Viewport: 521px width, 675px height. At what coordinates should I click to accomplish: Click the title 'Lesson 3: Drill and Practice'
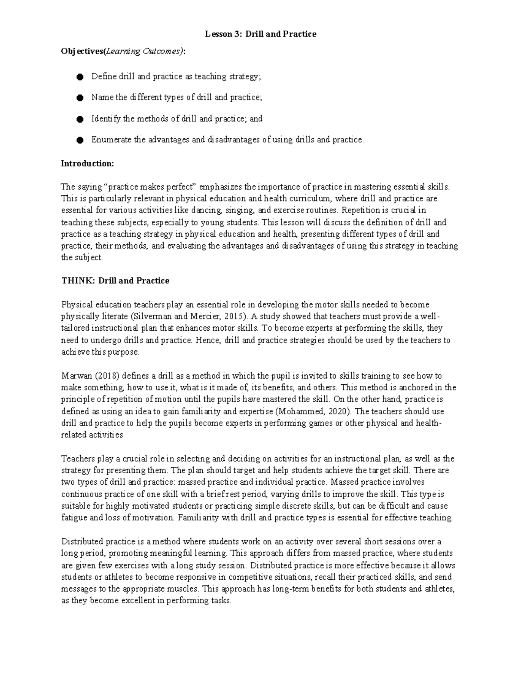point(260,34)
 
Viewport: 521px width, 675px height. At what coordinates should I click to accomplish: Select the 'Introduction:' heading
point(87,163)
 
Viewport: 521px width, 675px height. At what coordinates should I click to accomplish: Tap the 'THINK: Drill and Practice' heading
point(115,281)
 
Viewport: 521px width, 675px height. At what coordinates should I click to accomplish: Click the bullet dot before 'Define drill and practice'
point(79,77)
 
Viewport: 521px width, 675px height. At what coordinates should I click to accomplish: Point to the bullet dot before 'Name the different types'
point(79,98)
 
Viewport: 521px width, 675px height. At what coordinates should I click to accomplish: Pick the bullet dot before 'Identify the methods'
point(79,119)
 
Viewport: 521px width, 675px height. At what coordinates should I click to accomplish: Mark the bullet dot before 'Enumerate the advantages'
point(79,140)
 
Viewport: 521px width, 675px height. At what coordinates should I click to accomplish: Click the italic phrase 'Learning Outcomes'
point(143,52)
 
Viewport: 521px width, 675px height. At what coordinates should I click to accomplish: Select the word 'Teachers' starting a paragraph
point(77,459)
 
